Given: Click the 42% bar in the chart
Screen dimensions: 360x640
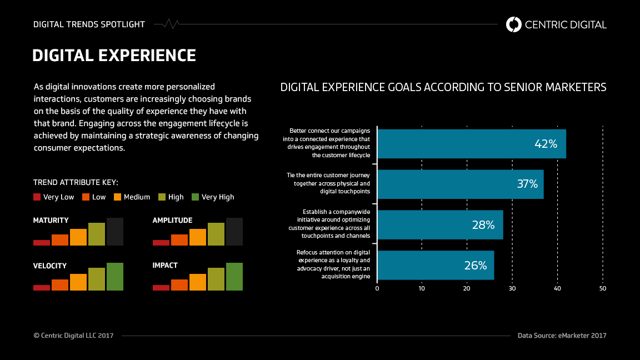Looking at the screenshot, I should click(x=471, y=144).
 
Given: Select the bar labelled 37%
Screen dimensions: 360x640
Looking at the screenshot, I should click(x=460, y=184).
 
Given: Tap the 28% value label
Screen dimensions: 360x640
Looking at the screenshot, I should click(x=483, y=225).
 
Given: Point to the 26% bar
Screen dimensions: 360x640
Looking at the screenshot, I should click(x=435, y=266).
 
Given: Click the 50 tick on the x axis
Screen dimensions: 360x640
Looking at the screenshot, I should click(x=603, y=288).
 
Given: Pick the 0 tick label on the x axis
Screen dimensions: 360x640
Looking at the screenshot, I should click(x=377, y=288).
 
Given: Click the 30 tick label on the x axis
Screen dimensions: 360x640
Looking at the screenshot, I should click(x=512, y=288).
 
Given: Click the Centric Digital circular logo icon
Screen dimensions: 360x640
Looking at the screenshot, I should click(x=514, y=24).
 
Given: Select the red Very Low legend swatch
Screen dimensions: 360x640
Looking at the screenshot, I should click(x=37, y=197).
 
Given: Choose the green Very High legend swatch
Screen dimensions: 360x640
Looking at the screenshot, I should click(x=195, y=197).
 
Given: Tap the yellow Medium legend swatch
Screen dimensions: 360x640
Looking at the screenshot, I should click(x=117, y=197).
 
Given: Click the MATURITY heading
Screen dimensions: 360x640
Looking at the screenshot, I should click(x=51, y=221).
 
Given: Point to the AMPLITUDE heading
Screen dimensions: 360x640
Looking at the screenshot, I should click(x=172, y=221).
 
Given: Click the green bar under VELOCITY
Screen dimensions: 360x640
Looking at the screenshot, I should click(x=115, y=277).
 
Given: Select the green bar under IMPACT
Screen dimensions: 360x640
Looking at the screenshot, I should click(x=234, y=277).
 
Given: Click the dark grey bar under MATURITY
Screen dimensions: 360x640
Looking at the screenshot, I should click(x=115, y=232).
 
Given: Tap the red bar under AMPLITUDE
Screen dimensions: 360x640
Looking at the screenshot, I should click(x=161, y=242).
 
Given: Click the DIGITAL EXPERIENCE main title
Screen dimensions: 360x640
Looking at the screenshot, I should click(x=114, y=56).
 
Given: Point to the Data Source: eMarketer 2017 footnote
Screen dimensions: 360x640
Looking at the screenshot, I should click(x=562, y=336).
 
